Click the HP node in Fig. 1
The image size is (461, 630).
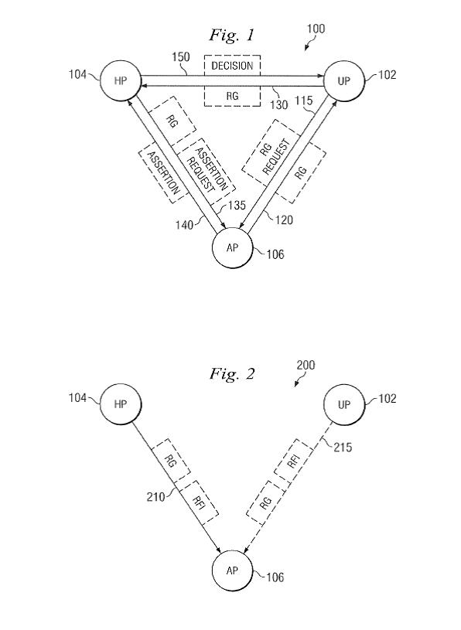(121, 80)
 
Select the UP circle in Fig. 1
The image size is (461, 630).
(344, 80)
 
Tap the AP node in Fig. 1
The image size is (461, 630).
(232, 247)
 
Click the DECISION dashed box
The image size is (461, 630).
(232, 65)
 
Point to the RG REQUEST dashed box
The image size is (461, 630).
(271, 154)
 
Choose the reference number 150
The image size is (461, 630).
(180, 57)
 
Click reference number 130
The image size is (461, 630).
(278, 105)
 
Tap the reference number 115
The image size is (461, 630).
(303, 100)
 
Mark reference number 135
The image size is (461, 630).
(237, 206)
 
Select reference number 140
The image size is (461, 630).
(184, 225)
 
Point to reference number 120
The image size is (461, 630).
(284, 220)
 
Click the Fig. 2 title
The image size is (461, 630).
(232, 374)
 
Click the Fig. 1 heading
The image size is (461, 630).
(232, 35)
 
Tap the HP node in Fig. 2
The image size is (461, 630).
(121, 404)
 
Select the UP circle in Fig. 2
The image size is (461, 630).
(344, 404)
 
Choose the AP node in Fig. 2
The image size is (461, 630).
(232, 570)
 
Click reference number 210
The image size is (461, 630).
(155, 497)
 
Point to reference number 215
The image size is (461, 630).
(343, 448)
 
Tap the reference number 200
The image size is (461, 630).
(306, 365)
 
